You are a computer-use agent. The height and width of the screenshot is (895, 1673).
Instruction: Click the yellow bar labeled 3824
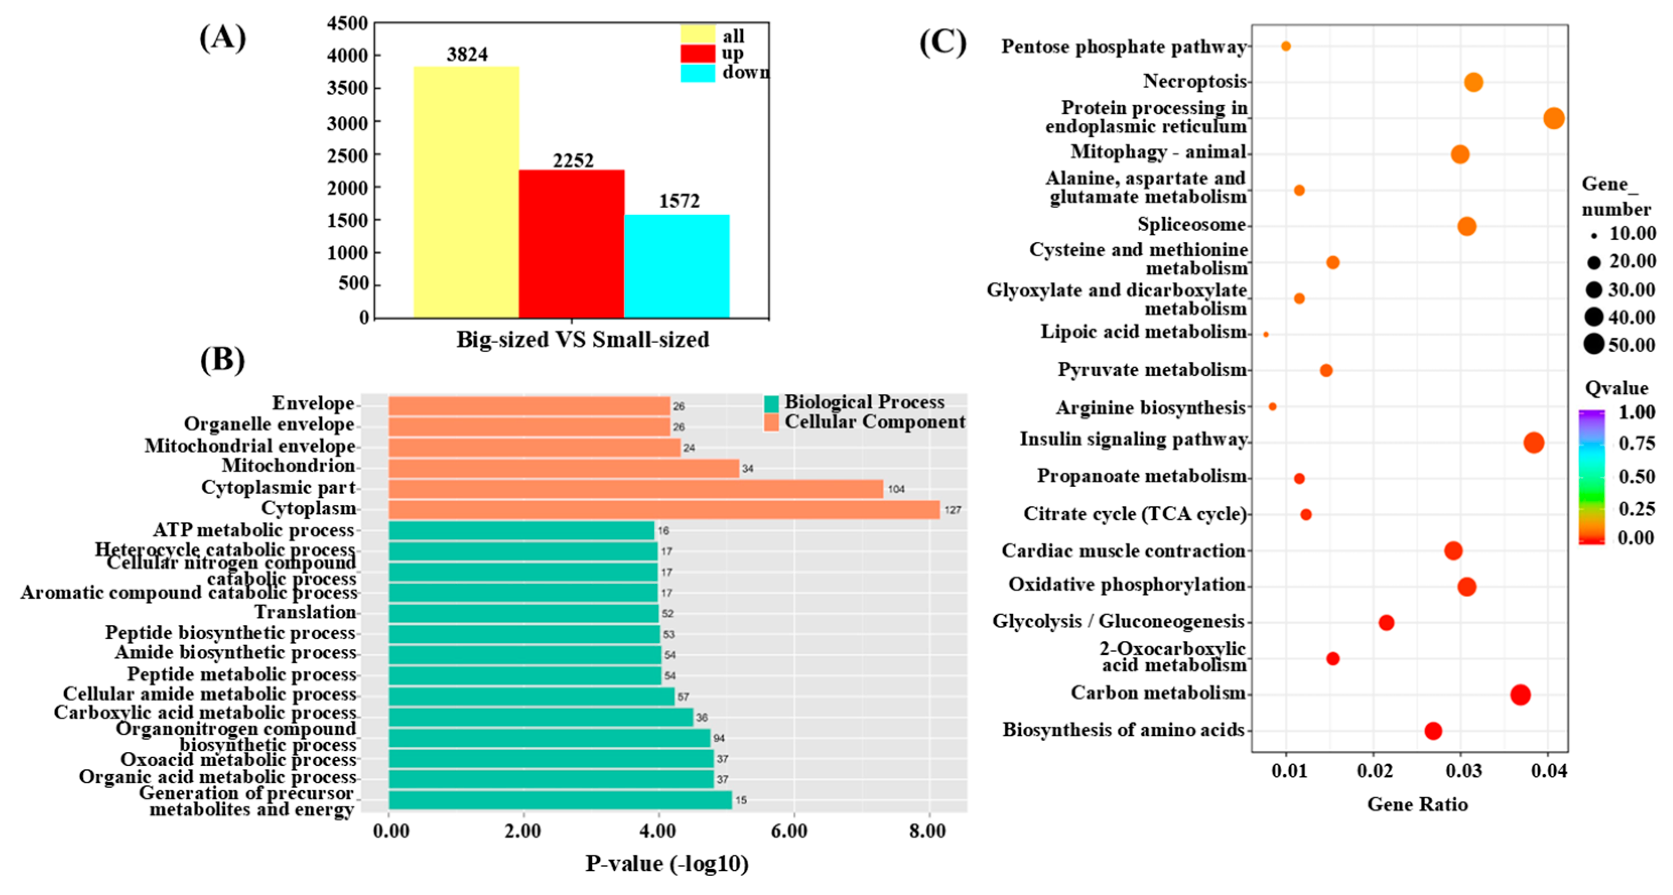(466, 191)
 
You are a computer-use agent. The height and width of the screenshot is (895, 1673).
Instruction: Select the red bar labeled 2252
(572, 244)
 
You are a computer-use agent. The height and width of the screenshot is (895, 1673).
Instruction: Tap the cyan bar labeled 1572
(677, 266)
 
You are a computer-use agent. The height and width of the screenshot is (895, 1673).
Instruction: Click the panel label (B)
(222, 359)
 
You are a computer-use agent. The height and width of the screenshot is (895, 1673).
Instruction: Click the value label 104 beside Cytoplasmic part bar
(896, 489)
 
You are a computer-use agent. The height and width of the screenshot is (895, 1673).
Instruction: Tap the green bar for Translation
(523, 613)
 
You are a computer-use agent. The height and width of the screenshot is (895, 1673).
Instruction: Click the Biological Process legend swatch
(772, 403)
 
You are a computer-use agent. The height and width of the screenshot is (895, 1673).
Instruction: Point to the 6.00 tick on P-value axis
(790, 831)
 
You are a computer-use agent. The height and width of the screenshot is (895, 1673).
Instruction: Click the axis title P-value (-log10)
(667, 863)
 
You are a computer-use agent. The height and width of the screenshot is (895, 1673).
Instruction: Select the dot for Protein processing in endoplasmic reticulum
(1554, 118)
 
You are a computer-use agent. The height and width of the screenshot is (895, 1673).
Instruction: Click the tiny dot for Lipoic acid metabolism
(1266, 334)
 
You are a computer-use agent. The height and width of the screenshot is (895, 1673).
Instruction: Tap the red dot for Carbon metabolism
(1520, 695)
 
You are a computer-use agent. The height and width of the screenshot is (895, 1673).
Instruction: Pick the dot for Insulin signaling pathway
(1533, 442)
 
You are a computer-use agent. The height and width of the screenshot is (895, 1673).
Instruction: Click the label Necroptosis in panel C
(1195, 81)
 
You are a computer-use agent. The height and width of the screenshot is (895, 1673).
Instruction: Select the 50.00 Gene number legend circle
(1594, 343)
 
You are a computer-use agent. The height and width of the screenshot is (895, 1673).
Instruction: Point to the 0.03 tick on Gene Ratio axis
(1463, 772)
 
